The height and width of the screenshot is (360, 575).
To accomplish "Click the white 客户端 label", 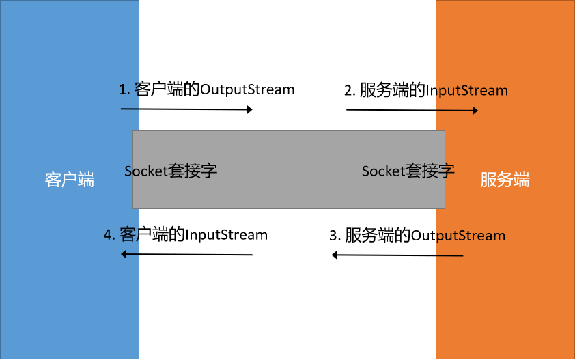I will (70, 180).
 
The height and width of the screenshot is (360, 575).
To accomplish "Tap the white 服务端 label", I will (505, 180).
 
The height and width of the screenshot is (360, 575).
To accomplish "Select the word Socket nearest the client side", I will (145, 171).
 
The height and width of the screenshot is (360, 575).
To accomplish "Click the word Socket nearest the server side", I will (384, 171).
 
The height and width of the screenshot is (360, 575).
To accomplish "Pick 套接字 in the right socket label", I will (430, 171).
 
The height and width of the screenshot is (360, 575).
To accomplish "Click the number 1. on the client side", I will (124, 89).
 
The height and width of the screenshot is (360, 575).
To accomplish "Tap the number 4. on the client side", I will (109, 235).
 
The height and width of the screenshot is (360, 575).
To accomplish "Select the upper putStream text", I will (472, 90).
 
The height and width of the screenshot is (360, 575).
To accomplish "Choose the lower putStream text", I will (471, 236).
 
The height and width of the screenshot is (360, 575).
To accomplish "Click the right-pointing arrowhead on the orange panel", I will (474, 110).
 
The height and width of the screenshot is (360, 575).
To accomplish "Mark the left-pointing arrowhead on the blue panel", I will (125, 254).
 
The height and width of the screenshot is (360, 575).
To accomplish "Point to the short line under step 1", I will (130, 109).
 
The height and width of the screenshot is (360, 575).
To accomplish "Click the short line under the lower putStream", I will (449, 255).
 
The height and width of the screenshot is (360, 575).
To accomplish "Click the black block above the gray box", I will (287, 65).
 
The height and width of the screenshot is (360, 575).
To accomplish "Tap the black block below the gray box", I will (287, 283).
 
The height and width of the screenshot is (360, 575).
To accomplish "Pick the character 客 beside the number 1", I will (137, 89).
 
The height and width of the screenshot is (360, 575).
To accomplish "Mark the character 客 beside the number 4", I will (128, 235).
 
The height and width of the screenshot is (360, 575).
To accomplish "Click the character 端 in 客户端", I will (86, 180).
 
